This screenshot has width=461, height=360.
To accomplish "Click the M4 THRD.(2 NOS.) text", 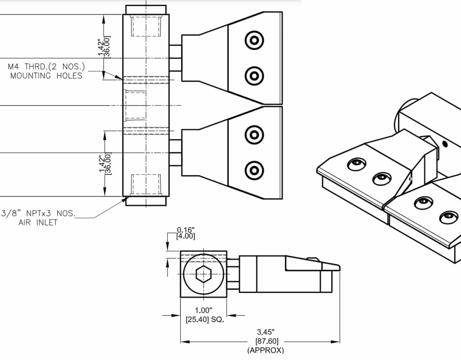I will coord(46,67).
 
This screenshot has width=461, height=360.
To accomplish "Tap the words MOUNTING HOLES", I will coord(46,76).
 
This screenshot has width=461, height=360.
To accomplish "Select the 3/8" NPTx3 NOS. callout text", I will coord(38,213).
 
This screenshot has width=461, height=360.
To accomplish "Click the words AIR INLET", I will coord(38,222).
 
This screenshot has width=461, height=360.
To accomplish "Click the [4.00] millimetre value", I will coord(186,237).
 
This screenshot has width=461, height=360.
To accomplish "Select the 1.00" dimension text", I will coord(203,310).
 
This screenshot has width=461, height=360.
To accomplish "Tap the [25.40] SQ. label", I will coord(205,319).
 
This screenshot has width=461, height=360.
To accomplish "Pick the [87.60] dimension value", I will coord(267,341).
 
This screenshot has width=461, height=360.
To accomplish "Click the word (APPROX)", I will coord(266,350).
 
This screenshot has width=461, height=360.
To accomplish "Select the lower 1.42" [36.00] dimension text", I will coord(106,163).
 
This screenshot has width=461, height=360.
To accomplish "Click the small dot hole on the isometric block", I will coord(445,144).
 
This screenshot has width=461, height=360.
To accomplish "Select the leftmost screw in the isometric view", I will coord(356,165).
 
